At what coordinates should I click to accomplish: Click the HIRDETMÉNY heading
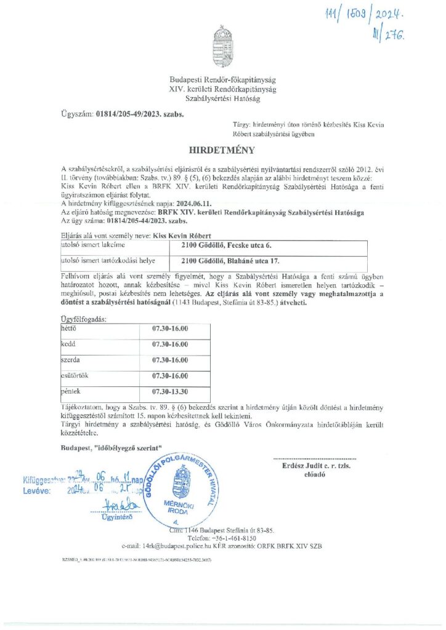click(222, 149)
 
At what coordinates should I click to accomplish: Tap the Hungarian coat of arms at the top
click(222, 46)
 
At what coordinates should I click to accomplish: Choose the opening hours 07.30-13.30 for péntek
click(171, 391)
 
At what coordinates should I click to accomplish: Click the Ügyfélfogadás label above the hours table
click(83, 319)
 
